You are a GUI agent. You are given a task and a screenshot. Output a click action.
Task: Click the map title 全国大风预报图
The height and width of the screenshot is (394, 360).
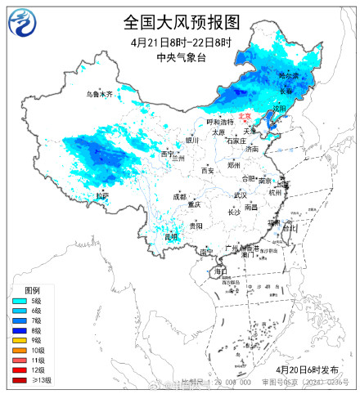coord(181,21)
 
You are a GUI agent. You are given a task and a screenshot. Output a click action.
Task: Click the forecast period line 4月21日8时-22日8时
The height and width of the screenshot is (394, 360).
coord(180,42)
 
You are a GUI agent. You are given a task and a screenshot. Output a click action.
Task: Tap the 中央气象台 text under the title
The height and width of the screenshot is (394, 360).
coord(180,57)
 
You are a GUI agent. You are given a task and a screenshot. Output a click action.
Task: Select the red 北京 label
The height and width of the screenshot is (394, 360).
coord(246,117)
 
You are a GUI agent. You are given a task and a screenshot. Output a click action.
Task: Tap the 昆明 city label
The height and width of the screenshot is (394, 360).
coord(170,237)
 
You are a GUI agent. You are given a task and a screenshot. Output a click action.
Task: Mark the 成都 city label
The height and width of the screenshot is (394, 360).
coord(179,196)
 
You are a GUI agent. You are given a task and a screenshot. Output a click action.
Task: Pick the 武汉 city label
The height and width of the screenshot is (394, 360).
coord(240,195)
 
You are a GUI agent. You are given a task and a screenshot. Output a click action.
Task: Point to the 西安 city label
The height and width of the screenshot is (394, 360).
coord(208,171)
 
